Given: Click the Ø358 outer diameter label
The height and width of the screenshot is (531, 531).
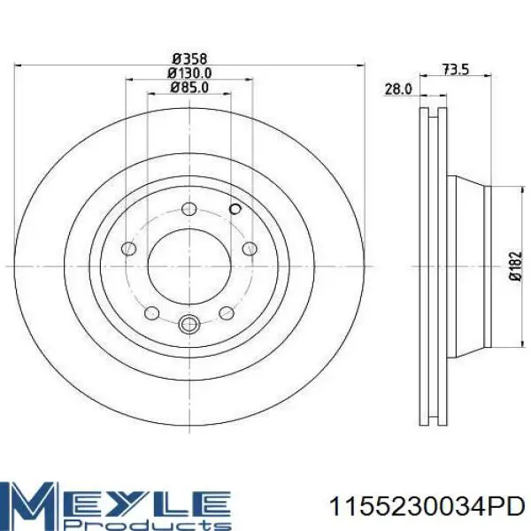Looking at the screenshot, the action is [189, 59].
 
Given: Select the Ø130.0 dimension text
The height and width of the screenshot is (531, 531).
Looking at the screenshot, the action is [189, 73].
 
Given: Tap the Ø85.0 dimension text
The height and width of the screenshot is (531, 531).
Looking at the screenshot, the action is [189, 88].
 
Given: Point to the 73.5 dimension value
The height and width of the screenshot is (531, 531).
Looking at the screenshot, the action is [456, 70].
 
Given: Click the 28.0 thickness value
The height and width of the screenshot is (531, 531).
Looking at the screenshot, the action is [398, 89].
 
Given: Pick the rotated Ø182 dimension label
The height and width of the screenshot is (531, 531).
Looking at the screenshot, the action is [516, 265].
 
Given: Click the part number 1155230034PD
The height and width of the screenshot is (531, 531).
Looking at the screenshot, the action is [427, 506].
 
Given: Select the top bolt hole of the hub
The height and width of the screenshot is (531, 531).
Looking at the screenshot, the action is [189, 209].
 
